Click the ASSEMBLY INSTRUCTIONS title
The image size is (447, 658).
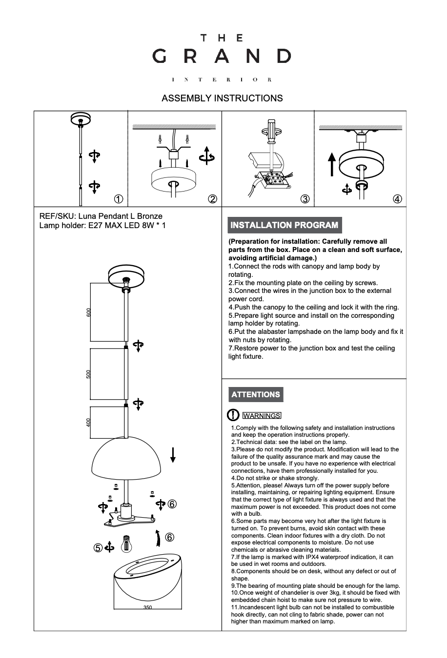(x=222, y=98)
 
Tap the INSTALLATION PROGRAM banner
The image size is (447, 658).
(x=284, y=225)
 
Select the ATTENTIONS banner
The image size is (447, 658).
(x=256, y=395)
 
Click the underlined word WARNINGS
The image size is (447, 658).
(x=262, y=416)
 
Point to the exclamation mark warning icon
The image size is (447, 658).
(x=233, y=415)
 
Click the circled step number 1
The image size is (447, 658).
(x=118, y=199)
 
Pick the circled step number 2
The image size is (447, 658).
(x=212, y=199)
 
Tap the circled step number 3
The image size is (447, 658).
(x=305, y=199)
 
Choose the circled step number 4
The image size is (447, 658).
(x=398, y=199)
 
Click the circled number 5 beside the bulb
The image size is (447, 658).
(x=98, y=548)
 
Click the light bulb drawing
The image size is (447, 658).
(x=126, y=542)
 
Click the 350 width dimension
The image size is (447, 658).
(x=148, y=607)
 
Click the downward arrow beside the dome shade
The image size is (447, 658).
(x=173, y=454)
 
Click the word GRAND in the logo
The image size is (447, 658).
(x=222, y=56)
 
